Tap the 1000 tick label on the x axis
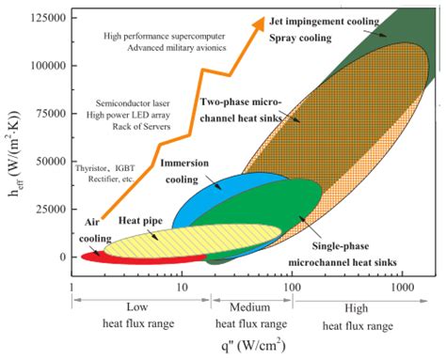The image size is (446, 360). (403, 284)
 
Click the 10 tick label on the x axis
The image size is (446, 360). (183, 284)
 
